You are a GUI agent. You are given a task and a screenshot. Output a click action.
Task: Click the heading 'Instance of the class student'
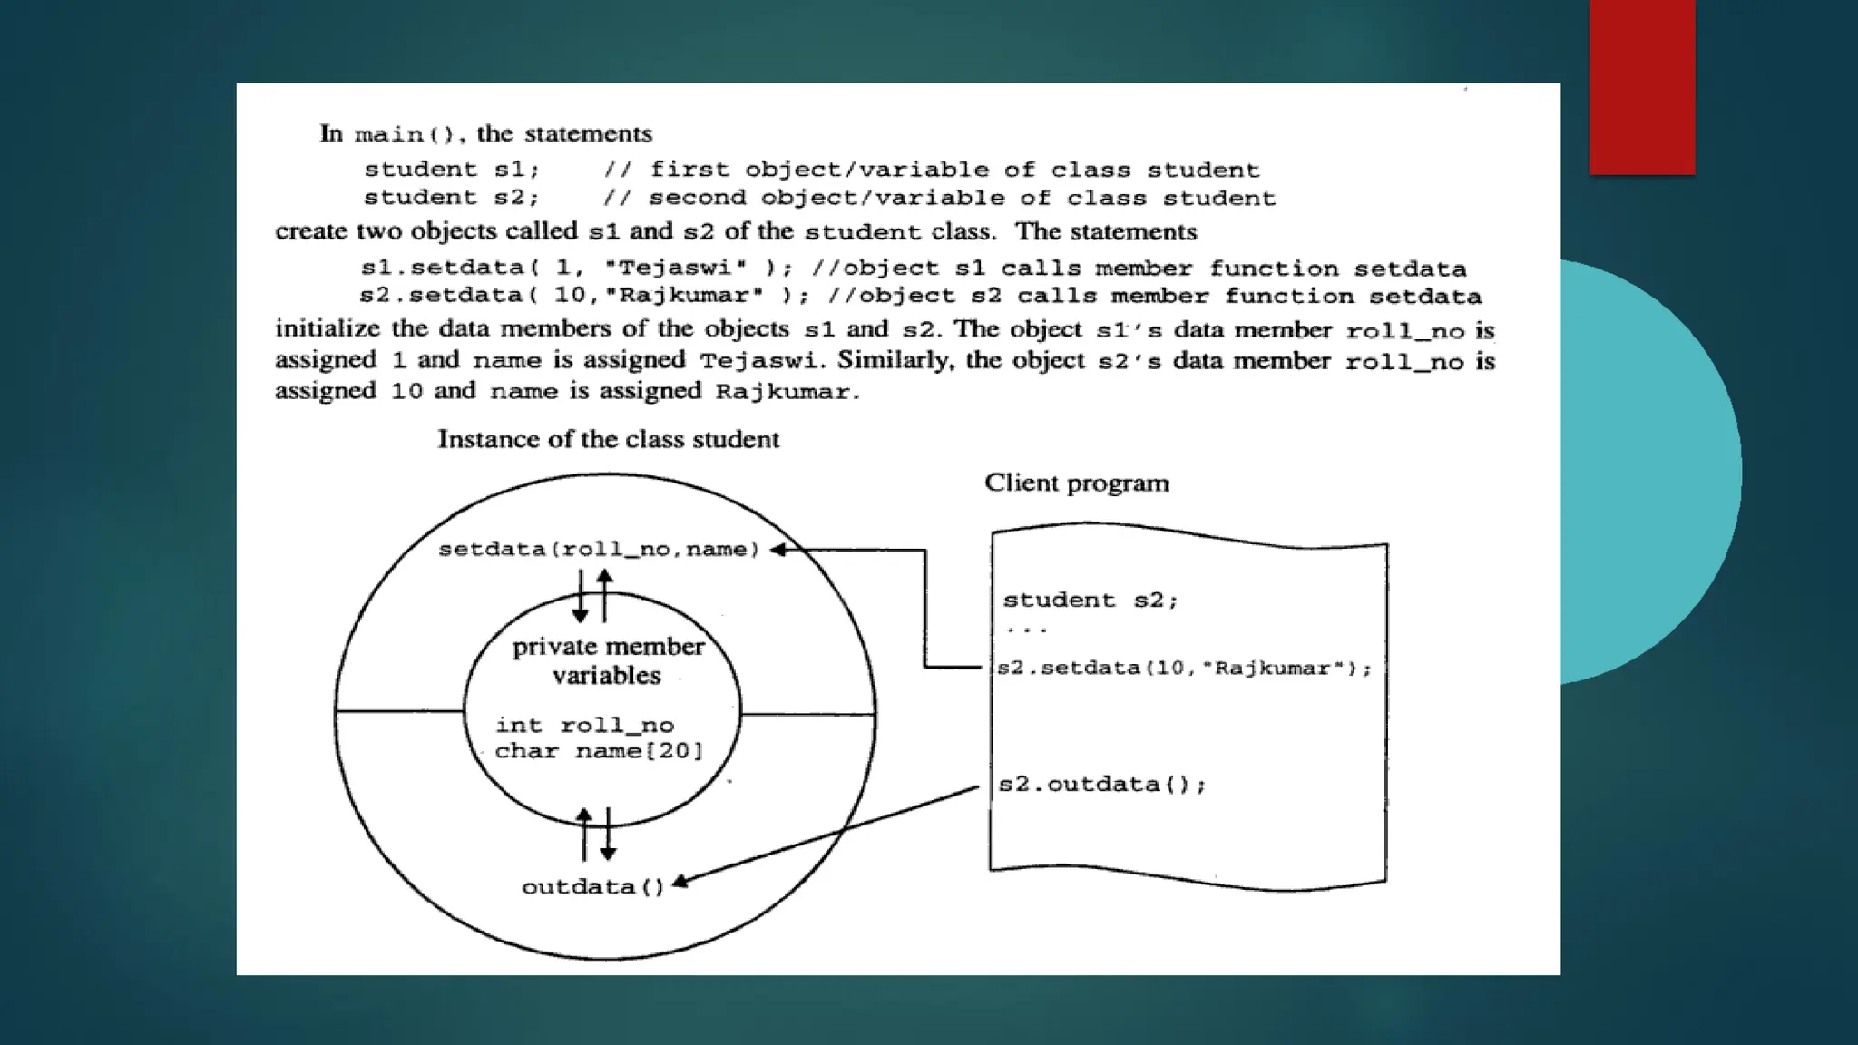608,440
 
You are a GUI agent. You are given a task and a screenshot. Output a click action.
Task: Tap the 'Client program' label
1077,483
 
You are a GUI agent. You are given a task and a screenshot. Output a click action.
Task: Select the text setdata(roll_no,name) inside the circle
599,550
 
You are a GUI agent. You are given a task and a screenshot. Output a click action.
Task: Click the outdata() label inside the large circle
593,887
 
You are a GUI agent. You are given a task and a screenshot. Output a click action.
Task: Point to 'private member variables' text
608,660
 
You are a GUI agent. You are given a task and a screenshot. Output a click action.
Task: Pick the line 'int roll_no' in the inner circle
585,726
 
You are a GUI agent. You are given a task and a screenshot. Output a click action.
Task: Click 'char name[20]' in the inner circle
599,751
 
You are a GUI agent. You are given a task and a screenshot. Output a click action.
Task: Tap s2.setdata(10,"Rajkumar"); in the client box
1185,669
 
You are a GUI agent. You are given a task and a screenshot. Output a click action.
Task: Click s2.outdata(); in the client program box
1102,785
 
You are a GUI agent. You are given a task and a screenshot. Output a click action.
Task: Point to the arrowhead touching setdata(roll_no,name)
777,550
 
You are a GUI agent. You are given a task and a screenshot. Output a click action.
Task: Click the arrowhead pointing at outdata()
680,882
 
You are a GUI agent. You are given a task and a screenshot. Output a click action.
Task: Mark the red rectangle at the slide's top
1642,87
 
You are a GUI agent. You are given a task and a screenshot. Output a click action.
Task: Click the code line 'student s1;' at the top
452,170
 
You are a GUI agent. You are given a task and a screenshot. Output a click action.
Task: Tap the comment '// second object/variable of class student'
939,199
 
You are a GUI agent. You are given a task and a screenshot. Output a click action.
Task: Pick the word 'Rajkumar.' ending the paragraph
787,393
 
